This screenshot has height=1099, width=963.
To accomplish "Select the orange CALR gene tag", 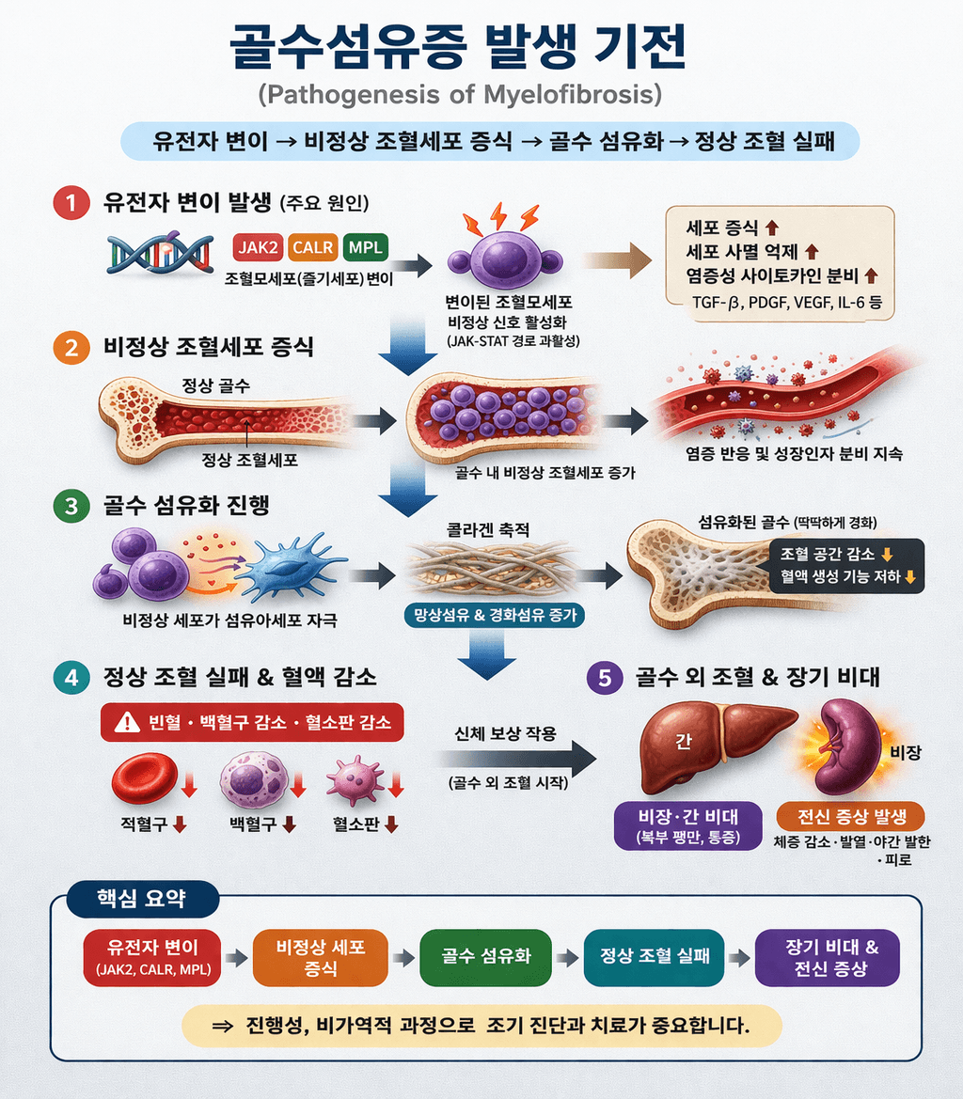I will click(311, 247).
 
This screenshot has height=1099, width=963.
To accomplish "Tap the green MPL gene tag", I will click(366, 247).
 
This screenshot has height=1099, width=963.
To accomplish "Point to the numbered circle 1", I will click(70, 204).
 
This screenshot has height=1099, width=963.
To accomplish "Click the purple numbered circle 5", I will click(604, 676).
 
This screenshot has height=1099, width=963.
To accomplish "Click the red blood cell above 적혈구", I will click(144, 775).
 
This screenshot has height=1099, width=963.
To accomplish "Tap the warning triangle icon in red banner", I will click(125, 723).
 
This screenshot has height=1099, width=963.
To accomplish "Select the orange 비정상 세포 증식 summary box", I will click(321, 957).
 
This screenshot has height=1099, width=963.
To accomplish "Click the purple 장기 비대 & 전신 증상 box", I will click(827, 957).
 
